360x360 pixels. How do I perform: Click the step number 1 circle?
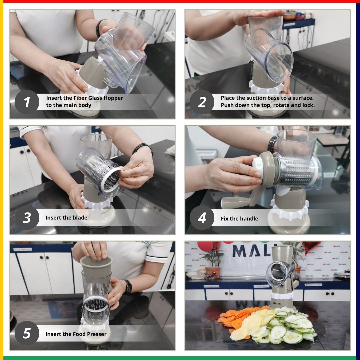click(x=27, y=102)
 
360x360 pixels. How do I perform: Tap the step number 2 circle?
click(x=202, y=102)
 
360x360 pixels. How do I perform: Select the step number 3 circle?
click(x=27, y=218)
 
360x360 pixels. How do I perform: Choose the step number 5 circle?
click(x=27, y=334)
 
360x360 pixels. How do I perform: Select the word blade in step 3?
click(x=80, y=218)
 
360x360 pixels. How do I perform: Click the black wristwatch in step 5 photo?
click(x=127, y=286)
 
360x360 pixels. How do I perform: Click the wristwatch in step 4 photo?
click(x=272, y=144)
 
